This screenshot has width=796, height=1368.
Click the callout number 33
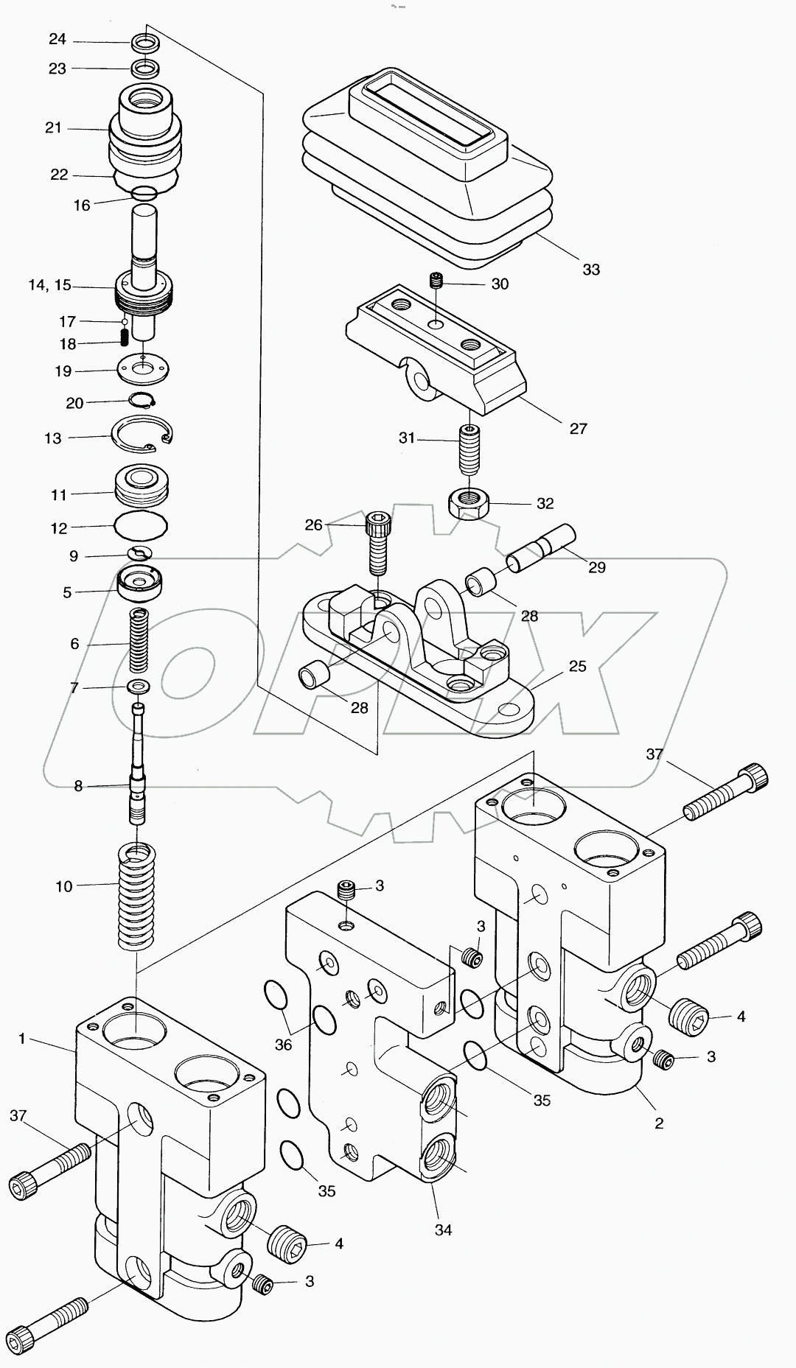(591, 270)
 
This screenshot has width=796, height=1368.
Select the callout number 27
(578, 428)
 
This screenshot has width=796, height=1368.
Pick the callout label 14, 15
(50, 285)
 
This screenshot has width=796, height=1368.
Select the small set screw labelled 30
(437, 281)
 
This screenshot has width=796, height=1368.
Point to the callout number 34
(443, 1230)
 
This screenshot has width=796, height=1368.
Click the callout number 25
(577, 666)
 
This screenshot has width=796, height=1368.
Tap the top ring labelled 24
(146, 42)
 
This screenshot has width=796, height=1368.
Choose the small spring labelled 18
(125, 337)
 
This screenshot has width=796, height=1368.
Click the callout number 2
(659, 1123)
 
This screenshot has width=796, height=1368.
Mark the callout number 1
(22, 1039)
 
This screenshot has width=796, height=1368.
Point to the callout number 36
(283, 1045)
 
